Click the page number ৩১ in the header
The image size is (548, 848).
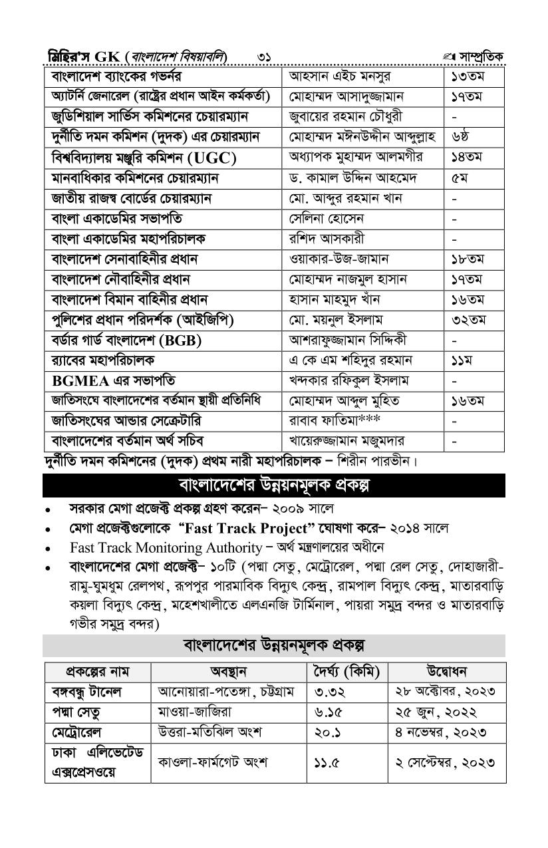tap(264, 57)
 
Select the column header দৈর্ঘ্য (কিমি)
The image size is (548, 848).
tap(346, 670)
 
